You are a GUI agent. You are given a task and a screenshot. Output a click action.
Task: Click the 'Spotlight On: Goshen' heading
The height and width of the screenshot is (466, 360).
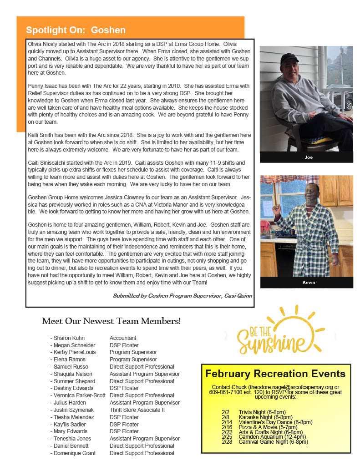[76, 30]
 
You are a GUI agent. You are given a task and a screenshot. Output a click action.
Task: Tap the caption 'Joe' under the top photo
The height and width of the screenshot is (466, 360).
[308, 157]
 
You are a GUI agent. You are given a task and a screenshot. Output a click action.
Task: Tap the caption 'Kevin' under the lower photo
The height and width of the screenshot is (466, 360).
[309, 283]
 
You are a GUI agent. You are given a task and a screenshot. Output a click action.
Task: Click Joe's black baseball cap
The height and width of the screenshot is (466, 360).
[289, 58]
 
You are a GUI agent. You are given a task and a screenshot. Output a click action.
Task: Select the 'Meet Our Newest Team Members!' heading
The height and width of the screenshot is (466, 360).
[111, 321]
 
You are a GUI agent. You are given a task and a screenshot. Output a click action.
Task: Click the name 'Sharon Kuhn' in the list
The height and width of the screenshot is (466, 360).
[69, 338]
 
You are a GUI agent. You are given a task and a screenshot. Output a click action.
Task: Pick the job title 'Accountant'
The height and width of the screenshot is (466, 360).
[123, 338]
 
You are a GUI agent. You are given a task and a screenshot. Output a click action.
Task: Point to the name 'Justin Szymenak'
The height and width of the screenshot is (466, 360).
[74, 410]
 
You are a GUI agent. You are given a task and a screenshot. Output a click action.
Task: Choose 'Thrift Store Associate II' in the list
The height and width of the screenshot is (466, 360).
[137, 410]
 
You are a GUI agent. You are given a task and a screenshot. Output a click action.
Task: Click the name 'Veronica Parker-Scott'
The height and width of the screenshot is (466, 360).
[79, 395]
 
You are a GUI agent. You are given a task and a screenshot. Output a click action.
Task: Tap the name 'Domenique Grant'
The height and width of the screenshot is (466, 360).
[75, 453]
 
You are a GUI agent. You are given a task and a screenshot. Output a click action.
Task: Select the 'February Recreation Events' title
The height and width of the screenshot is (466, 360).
[275, 374]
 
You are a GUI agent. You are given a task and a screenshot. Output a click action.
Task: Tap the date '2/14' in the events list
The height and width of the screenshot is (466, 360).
[226, 422]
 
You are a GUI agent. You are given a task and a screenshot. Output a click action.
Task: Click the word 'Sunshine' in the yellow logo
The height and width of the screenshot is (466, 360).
[271, 344]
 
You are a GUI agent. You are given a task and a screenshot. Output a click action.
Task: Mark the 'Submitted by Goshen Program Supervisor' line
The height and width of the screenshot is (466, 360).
[183, 296]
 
